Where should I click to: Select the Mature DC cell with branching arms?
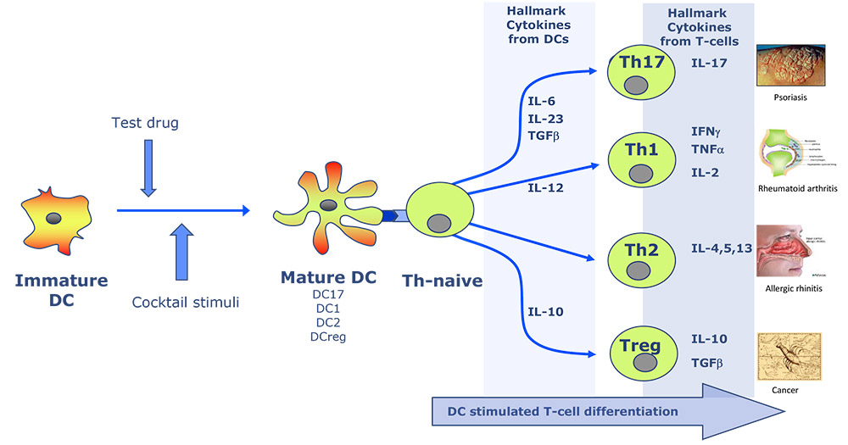[326, 209]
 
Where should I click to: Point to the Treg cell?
[641, 353]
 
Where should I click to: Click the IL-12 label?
[546, 187]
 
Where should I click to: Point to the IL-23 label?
[546, 119]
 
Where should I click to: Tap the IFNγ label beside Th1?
[707, 131]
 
